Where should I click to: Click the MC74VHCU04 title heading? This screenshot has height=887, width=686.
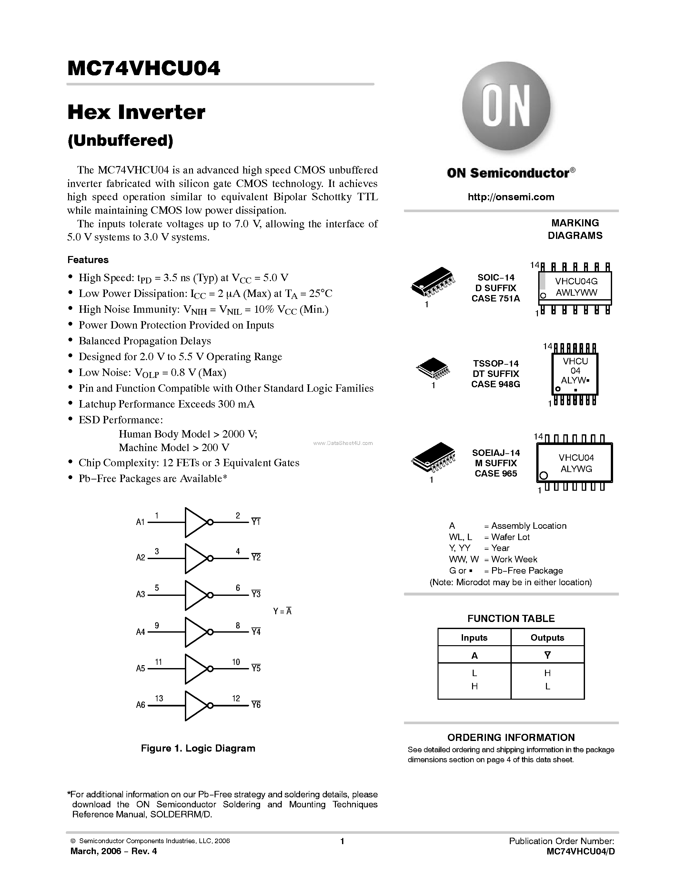(144, 68)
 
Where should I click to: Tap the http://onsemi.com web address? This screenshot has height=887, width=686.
(511, 197)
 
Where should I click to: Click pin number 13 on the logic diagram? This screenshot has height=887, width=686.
(159, 698)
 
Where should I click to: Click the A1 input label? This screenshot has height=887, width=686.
(140, 522)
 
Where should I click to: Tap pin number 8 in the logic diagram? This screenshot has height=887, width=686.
(238, 626)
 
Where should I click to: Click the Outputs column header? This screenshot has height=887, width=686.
(547, 638)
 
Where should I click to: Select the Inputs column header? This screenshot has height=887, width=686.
(474, 638)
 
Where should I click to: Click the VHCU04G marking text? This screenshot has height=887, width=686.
(576, 281)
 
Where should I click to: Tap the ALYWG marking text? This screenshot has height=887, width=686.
(576, 469)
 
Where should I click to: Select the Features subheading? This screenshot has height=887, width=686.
(88, 260)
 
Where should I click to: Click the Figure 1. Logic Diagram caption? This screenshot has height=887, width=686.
(198, 748)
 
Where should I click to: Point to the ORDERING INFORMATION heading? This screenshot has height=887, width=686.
(511, 737)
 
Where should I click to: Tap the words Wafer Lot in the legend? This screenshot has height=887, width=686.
(510, 537)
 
